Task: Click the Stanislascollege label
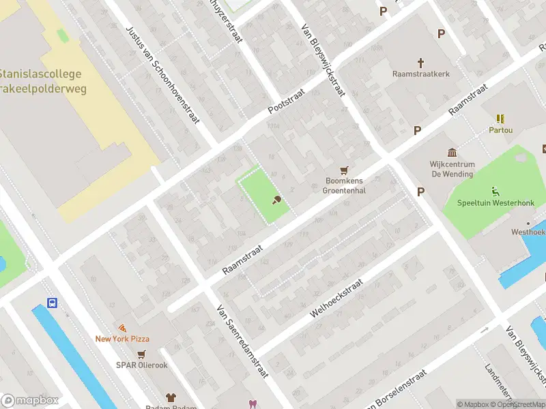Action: (x=40, y=74)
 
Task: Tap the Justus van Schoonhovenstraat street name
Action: (x=162, y=75)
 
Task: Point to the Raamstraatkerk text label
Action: (x=420, y=74)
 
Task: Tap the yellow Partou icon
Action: (x=500, y=119)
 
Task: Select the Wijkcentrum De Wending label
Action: (x=451, y=169)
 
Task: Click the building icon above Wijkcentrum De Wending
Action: (x=451, y=152)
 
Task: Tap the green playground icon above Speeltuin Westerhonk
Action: (x=495, y=192)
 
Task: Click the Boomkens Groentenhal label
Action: (x=345, y=186)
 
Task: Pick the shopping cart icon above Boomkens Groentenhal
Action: (x=345, y=170)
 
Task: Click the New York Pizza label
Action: (x=122, y=339)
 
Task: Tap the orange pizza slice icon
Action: (x=122, y=328)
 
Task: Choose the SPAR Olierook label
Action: (x=142, y=365)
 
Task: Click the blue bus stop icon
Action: (x=52, y=303)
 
